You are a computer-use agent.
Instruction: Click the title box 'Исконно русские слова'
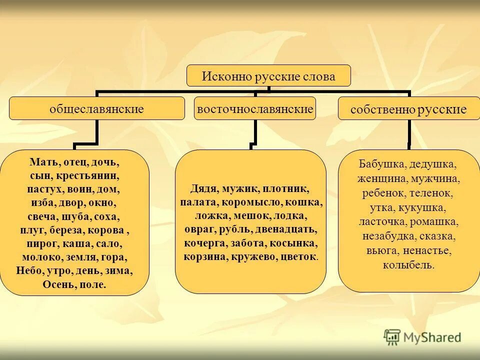[268, 76]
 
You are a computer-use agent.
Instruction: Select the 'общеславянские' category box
[96, 108]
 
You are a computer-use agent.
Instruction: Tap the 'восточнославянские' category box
[255, 108]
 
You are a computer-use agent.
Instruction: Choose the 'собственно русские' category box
[408, 110]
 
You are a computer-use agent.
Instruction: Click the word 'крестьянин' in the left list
[98, 176]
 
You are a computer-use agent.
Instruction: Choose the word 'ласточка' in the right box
[381, 221]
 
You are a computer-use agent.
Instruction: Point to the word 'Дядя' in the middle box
[202, 189]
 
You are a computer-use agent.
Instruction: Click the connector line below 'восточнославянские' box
[255, 133]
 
